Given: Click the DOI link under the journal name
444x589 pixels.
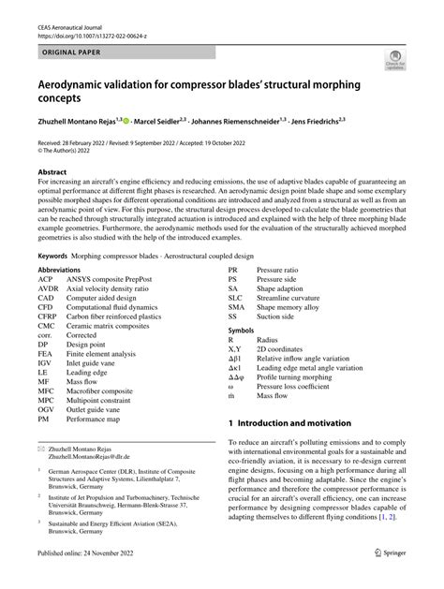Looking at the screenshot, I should [x=82, y=28].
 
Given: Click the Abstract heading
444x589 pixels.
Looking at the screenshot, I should [x=52, y=172].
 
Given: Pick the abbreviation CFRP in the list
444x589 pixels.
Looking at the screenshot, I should [x=47, y=317].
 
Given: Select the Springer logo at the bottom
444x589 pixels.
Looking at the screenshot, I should [x=391, y=579].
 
